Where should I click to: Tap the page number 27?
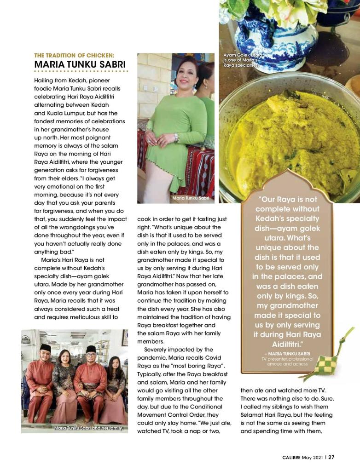tap(331, 457)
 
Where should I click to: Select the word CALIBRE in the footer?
tap(291, 457)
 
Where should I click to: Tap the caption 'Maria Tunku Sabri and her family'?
tap(88, 428)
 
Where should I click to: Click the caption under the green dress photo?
tap(191, 198)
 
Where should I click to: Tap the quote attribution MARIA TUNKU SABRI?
tap(287, 353)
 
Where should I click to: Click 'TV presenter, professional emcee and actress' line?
tap(287, 362)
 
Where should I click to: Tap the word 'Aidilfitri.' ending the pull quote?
tap(288, 344)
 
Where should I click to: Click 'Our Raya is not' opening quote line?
tap(288, 200)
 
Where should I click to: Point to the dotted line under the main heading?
tap(81, 71)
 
